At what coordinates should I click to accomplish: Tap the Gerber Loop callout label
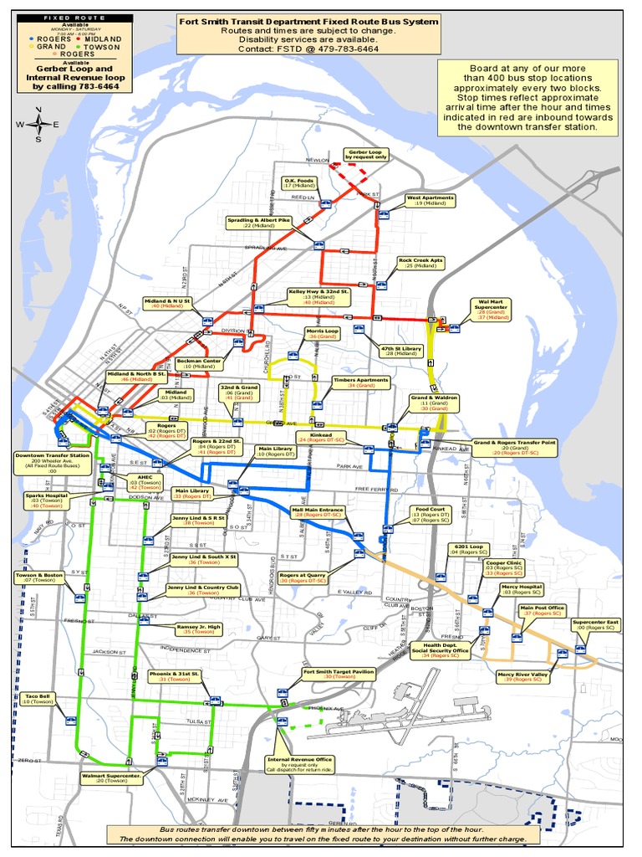[x=365, y=154]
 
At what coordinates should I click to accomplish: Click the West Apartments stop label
[x=431, y=201]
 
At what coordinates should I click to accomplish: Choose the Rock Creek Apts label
[x=420, y=263]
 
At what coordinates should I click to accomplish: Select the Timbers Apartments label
[x=361, y=382]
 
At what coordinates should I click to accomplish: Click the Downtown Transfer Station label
[x=52, y=463]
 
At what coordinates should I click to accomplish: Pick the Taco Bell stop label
[x=38, y=699]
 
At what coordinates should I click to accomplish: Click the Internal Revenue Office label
[x=300, y=762]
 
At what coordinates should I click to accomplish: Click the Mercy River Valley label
[x=522, y=677]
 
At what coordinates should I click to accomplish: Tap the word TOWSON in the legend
[x=102, y=48]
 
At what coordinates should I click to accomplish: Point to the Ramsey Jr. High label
[x=198, y=629]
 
